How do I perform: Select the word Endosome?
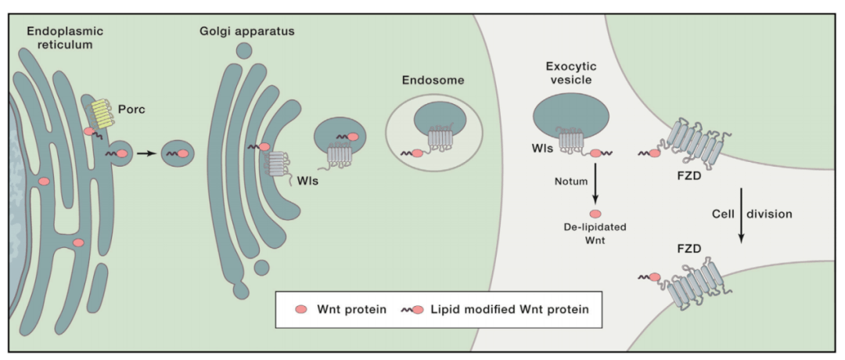point(433,80)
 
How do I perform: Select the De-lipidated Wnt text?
point(595,233)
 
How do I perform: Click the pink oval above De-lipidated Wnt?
point(595,214)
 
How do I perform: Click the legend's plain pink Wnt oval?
point(300,309)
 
